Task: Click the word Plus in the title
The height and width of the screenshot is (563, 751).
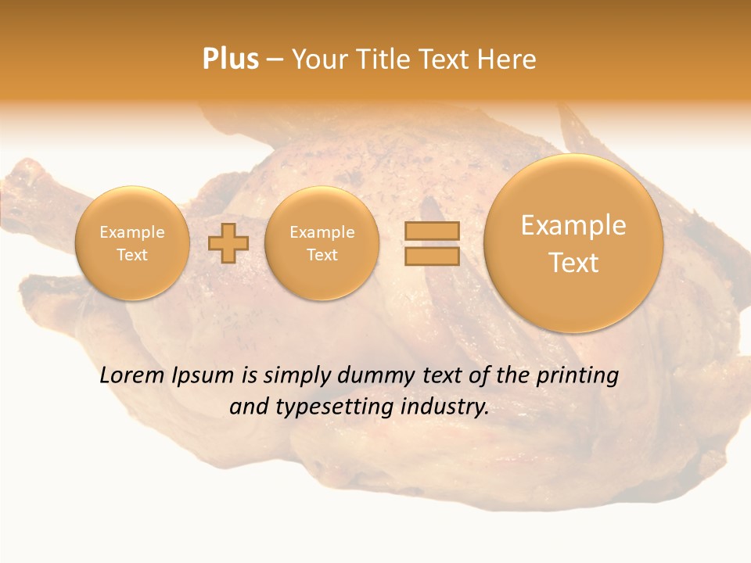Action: tap(230, 59)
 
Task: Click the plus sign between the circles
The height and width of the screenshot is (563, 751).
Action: tap(228, 243)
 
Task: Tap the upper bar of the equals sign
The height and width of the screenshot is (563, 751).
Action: tap(432, 231)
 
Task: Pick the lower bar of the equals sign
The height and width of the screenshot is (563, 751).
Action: tap(432, 256)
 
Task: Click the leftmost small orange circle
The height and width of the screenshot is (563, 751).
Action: tap(132, 243)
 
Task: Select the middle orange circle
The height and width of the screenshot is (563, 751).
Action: tap(322, 243)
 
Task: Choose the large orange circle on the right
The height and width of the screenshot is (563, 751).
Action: tap(573, 243)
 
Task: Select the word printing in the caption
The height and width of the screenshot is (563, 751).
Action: tap(577, 376)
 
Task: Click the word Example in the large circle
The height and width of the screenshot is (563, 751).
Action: tap(573, 225)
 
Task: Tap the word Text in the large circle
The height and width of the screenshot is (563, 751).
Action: tap(573, 263)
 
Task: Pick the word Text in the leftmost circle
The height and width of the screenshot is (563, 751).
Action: tap(132, 255)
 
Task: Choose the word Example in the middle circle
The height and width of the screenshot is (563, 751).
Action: tap(322, 232)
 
